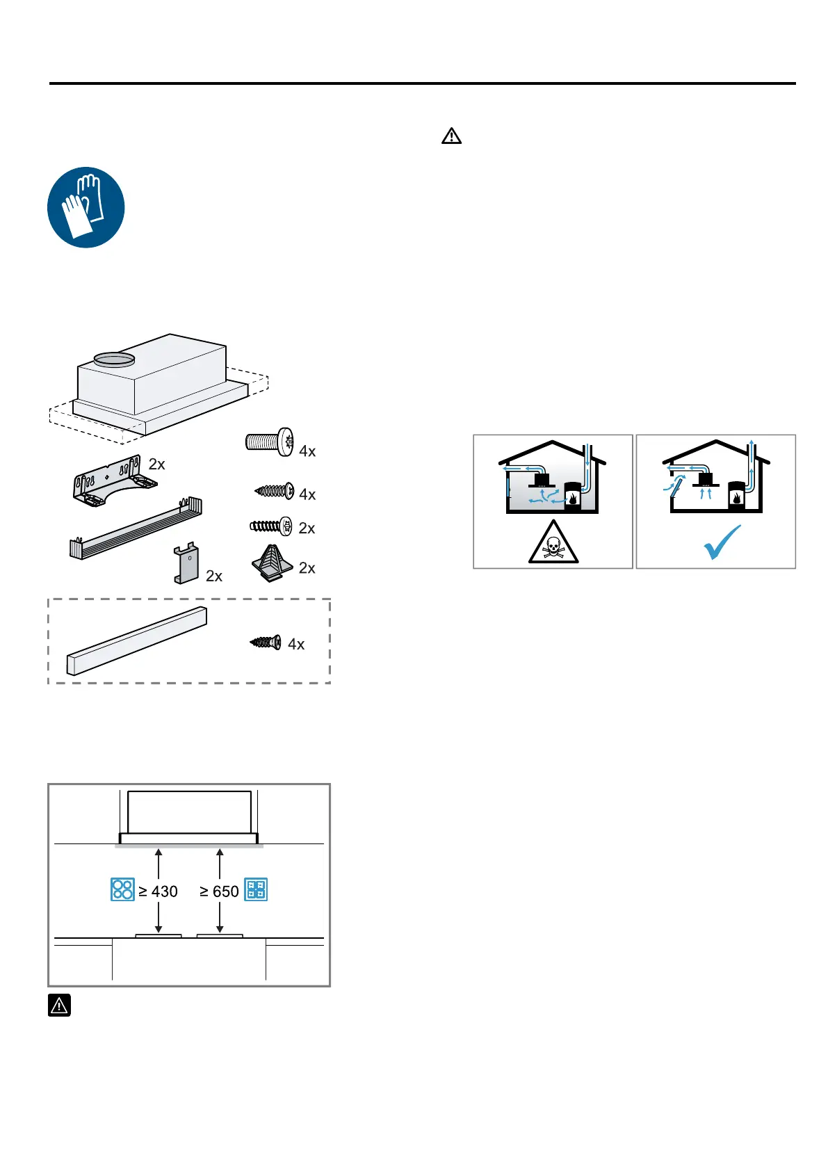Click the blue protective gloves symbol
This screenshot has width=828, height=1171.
click(86, 207)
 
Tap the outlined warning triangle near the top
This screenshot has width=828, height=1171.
click(451, 136)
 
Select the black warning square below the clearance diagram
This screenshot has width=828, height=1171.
click(60, 1005)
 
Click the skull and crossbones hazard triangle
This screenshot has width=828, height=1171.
click(553, 543)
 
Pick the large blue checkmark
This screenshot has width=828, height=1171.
click(722, 542)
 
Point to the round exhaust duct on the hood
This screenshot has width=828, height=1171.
click(113, 359)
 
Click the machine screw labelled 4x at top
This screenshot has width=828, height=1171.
click(269, 442)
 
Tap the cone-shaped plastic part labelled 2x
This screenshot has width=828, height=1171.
click(271, 563)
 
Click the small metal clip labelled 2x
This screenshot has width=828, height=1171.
click(186, 564)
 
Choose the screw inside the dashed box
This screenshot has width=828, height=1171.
click(266, 642)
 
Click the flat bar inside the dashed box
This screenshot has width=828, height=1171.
click(137, 641)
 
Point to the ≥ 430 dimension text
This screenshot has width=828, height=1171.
click(159, 891)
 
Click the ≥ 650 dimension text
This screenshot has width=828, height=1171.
click(219, 891)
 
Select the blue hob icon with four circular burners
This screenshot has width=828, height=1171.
click(122, 890)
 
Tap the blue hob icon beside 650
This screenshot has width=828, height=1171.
click(256, 890)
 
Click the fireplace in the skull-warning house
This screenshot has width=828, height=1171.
click(571, 496)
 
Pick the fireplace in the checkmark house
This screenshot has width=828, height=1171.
click(736, 496)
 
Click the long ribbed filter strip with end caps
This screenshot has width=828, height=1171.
click(136, 528)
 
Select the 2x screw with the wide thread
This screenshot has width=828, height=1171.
click(271, 526)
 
